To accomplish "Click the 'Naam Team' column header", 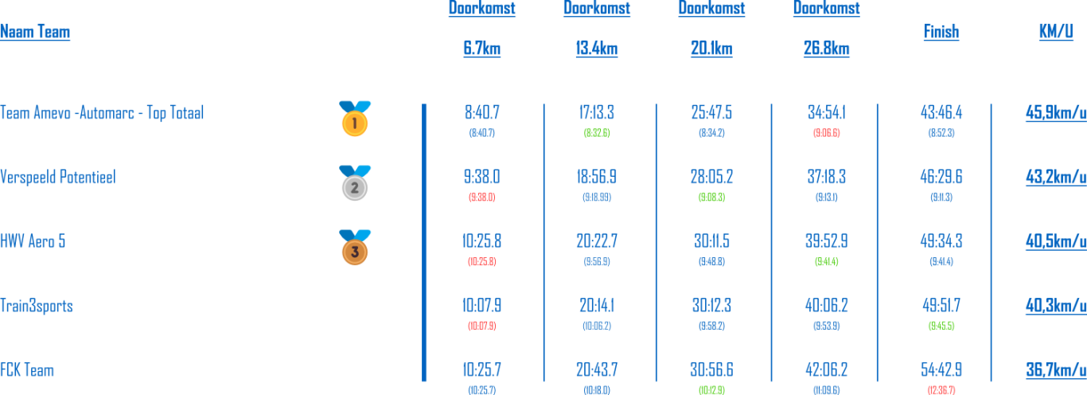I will tap(35, 32).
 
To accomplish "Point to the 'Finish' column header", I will tap(941, 32).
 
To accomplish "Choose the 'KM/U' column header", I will tap(1056, 32).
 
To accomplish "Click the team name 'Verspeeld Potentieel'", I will tap(58, 177).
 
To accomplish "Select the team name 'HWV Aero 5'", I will tap(33, 241).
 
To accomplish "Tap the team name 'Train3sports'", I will tap(37, 306).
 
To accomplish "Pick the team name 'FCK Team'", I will tap(27, 370).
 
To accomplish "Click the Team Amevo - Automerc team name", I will tap(102, 113).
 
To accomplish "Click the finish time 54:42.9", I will tap(941, 370).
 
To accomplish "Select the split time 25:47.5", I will tap(711, 113).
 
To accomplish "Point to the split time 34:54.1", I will tap(827, 113).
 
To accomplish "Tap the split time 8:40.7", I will tap(481, 113).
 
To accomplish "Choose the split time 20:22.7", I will tap(597, 241).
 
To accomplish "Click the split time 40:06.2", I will tap(827, 306).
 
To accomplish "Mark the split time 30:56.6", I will tap(711, 370).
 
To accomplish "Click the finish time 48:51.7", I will tap(941, 306).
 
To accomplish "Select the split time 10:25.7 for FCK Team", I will tap(481, 370).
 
